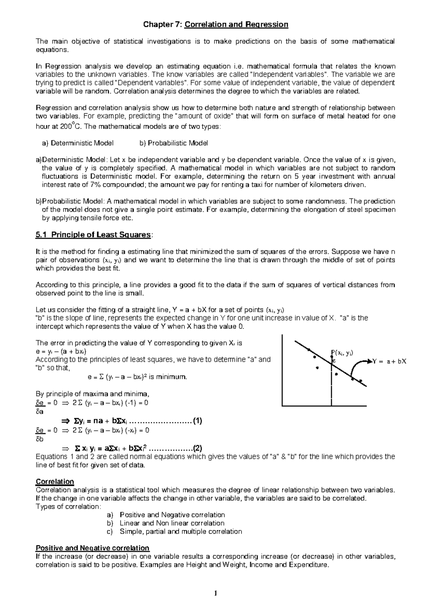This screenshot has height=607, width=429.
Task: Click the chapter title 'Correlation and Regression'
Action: coord(236,25)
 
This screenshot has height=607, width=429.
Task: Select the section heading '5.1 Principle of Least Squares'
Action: coord(94,235)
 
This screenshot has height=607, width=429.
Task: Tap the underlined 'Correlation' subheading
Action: coord(55,482)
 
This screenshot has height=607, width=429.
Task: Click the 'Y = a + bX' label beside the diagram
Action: coord(390,361)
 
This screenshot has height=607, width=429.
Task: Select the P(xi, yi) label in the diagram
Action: coord(342,353)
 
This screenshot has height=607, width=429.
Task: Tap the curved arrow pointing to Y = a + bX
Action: coord(358,367)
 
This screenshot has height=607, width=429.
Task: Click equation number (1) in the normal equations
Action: coord(197,421)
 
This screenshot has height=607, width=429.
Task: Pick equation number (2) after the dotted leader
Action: coord(197,448)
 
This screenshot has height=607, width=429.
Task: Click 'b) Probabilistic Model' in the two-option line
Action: coord(174,143)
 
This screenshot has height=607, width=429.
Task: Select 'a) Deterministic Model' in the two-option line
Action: coord(78,143)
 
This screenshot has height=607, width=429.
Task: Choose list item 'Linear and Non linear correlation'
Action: coord(172,523)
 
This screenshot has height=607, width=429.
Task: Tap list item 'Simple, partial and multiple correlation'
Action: coord(181,531)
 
